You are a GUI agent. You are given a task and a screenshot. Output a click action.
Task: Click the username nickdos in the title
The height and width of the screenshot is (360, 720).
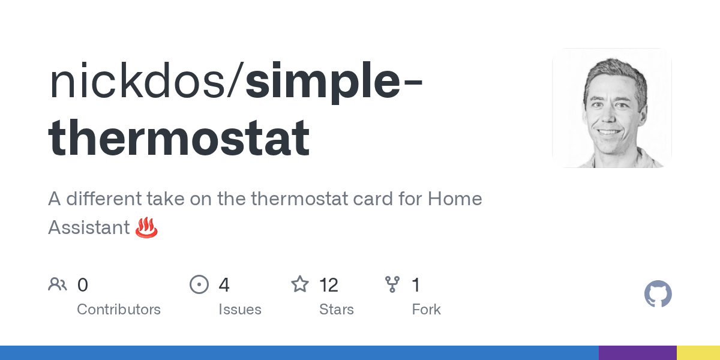tap(137, 80)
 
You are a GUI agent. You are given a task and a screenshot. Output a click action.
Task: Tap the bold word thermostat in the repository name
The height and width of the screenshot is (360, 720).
tap(179, 137)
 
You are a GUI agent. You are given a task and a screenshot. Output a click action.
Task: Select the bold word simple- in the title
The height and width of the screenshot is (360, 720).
tap(334, 82)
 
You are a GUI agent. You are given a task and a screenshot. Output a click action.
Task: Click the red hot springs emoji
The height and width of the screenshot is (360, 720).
tap(146, 227)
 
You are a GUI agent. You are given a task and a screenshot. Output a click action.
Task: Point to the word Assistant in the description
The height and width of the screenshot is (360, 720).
tap(89, 227)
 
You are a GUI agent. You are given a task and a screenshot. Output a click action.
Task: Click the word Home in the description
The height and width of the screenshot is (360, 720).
tap(455, 199)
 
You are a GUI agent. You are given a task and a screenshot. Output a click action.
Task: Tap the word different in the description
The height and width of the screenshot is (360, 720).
tap(104, 199)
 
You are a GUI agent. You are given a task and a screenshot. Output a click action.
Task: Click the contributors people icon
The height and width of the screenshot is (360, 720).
tap(58, 284)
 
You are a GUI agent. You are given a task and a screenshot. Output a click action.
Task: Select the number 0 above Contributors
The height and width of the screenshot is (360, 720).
tap(83, 285)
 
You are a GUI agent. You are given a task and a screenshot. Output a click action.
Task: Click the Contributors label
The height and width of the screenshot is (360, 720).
tap(119, 309)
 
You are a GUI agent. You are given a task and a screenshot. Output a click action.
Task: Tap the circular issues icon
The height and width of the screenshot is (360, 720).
tap(199, 284)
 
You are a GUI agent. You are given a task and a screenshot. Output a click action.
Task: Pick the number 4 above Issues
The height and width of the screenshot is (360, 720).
tap(224, 285)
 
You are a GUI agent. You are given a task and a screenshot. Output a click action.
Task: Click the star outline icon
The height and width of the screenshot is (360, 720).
tap(300, 284)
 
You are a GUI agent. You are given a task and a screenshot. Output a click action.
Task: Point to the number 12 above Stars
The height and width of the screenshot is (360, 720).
tap(329, 285)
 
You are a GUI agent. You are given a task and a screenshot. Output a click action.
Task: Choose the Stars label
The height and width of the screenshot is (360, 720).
tap(336, 309)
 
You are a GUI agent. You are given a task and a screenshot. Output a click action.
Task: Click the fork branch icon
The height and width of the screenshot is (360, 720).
tap(392, 284)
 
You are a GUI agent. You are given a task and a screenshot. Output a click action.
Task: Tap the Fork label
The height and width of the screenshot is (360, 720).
tap(426, 309)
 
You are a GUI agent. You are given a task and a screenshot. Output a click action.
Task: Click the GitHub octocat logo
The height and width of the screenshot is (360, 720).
tap(658, 294)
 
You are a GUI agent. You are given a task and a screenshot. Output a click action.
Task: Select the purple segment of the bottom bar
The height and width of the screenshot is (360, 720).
tap(638, 353)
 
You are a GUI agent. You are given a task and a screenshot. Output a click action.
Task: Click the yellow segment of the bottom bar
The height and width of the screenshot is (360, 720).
tap(698, 353)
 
